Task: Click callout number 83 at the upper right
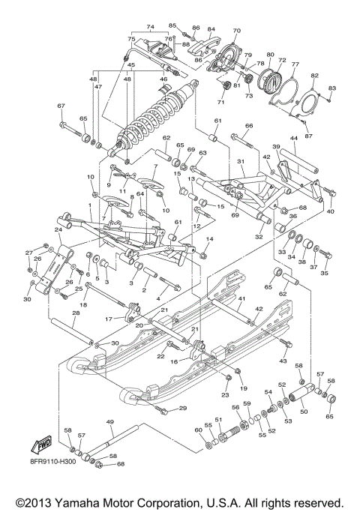click(332, 88)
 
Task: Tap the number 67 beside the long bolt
click(62, 106)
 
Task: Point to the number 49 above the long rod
click(111, 422)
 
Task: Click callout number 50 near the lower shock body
click(304, 411)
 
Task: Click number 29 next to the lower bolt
click(182, 408)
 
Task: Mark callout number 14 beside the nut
click(210, 238)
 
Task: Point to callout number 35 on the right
click(324, 274)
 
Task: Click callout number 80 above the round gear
click(270, 55)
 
